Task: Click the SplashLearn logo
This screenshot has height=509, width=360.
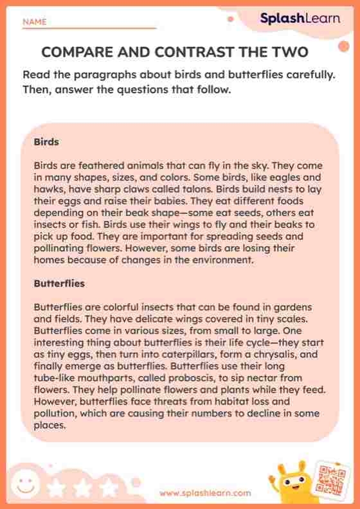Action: (x=300, y=18)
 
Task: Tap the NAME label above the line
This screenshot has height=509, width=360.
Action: (x=35, y=22)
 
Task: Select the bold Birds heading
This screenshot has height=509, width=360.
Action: (x=46, y=141)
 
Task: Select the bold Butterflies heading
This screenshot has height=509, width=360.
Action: (x=59, y=283)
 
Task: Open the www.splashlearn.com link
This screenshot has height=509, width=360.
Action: (x=205, y=493)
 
